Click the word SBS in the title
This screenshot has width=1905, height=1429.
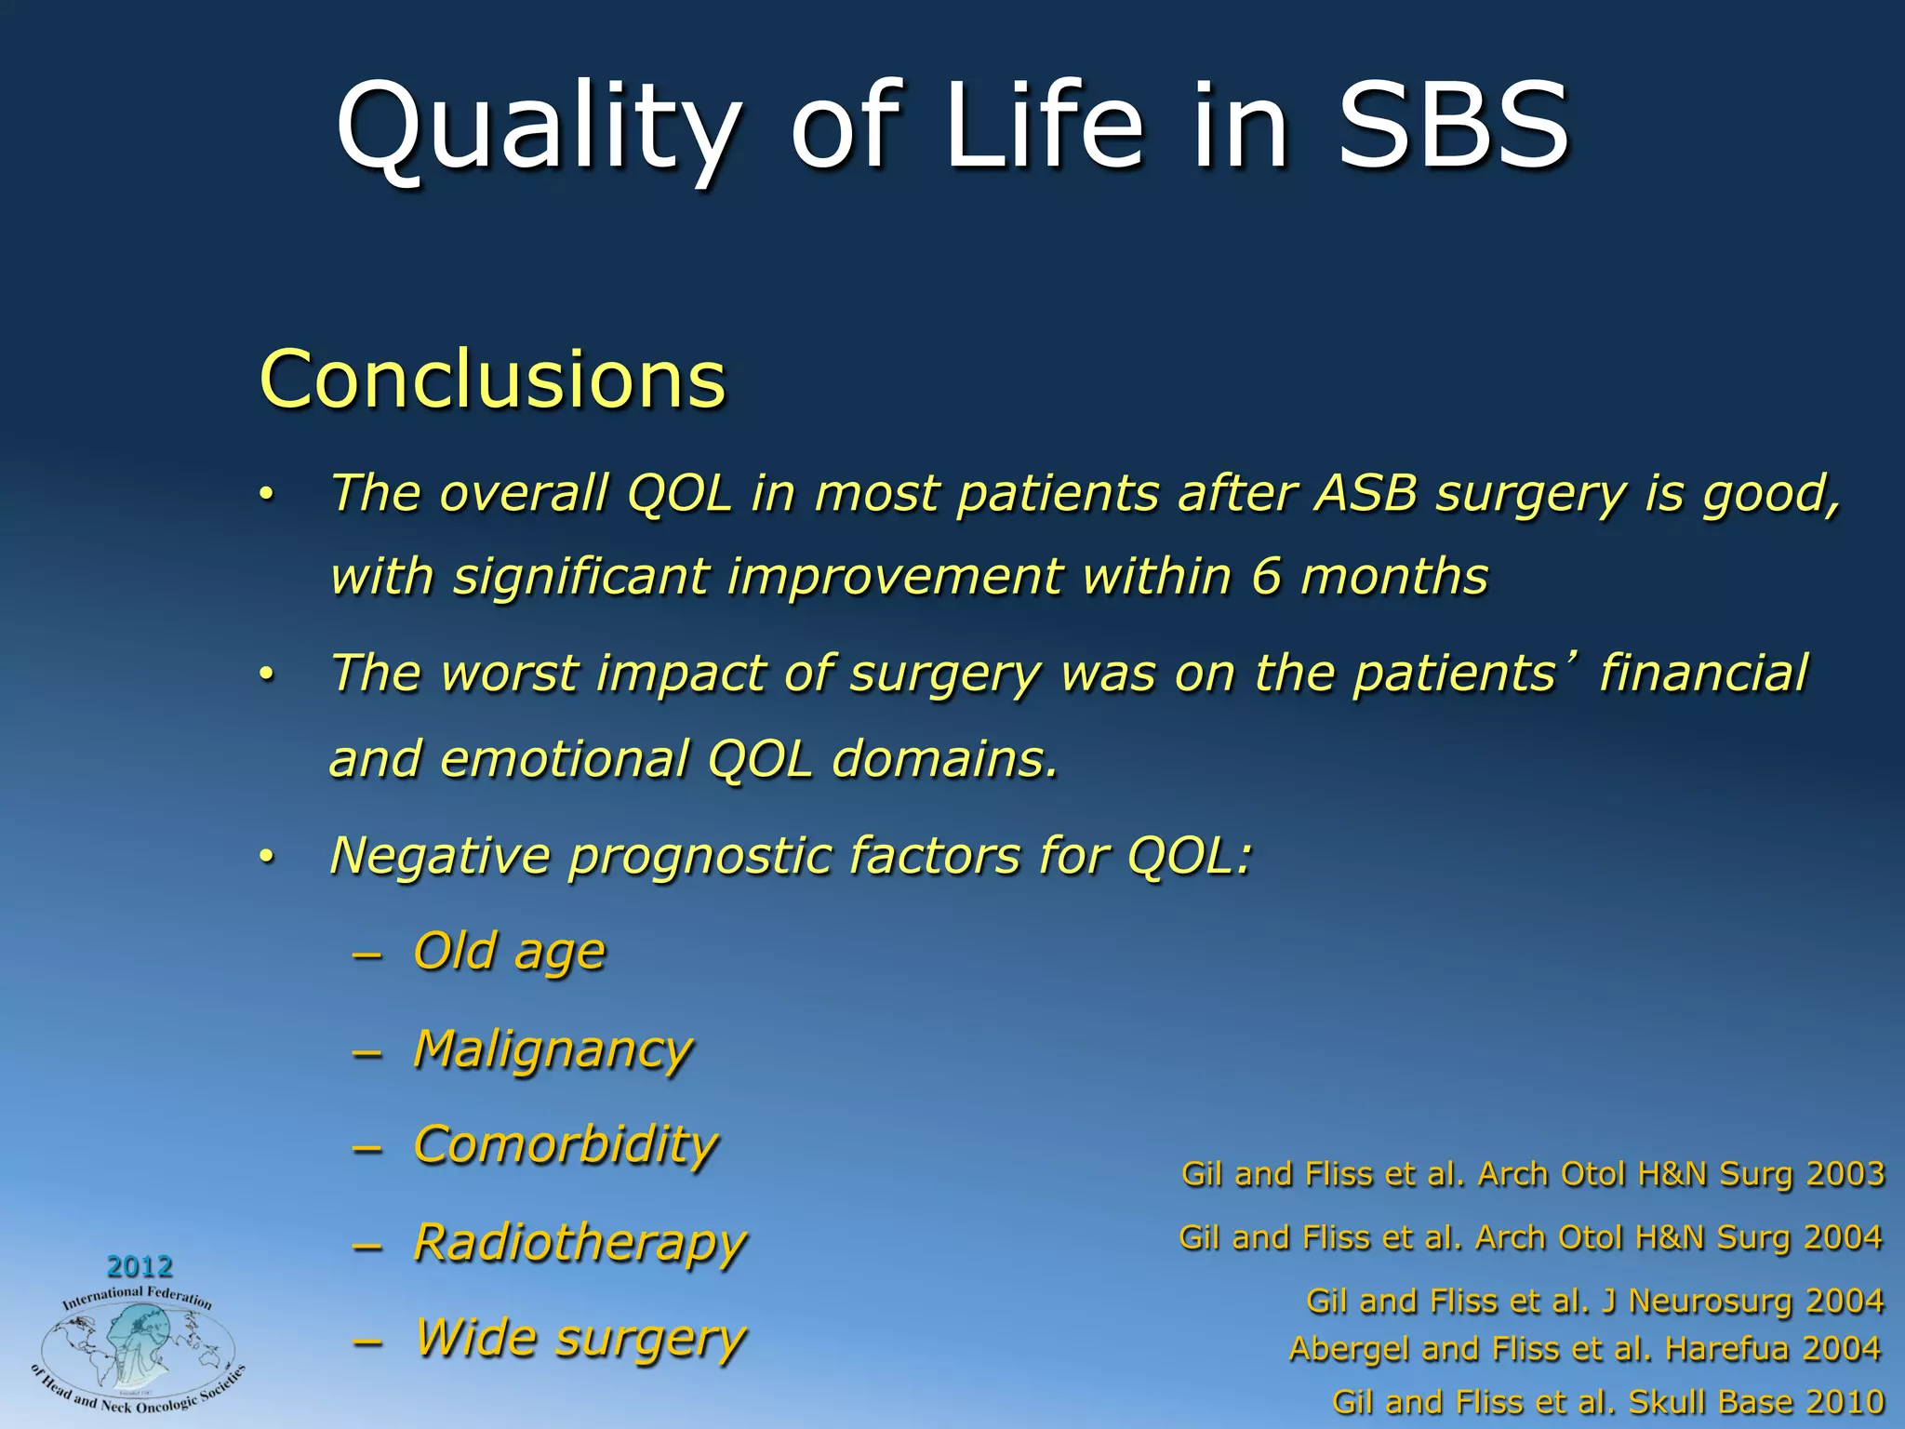(x=1453, y=126)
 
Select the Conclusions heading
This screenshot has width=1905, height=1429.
(x=492, y=379)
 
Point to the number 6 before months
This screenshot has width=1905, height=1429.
(x=1266, y=576)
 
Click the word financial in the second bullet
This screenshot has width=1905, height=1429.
(x=1703, y=673)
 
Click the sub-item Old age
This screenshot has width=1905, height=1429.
(x=509, y=952)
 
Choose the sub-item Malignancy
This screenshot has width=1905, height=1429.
(x=553, y=1050)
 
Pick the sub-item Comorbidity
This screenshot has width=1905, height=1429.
(x=565, y=1145)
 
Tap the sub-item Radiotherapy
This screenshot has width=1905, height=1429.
(x=579, y=1243)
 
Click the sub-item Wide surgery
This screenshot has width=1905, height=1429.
(x=579, y=1339)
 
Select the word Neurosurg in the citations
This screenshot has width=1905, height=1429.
(x=1711, y=1301)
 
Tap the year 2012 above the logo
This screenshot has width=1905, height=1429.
(x=140, y=1266)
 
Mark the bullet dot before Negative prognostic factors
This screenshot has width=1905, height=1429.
(x=267, y=857)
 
